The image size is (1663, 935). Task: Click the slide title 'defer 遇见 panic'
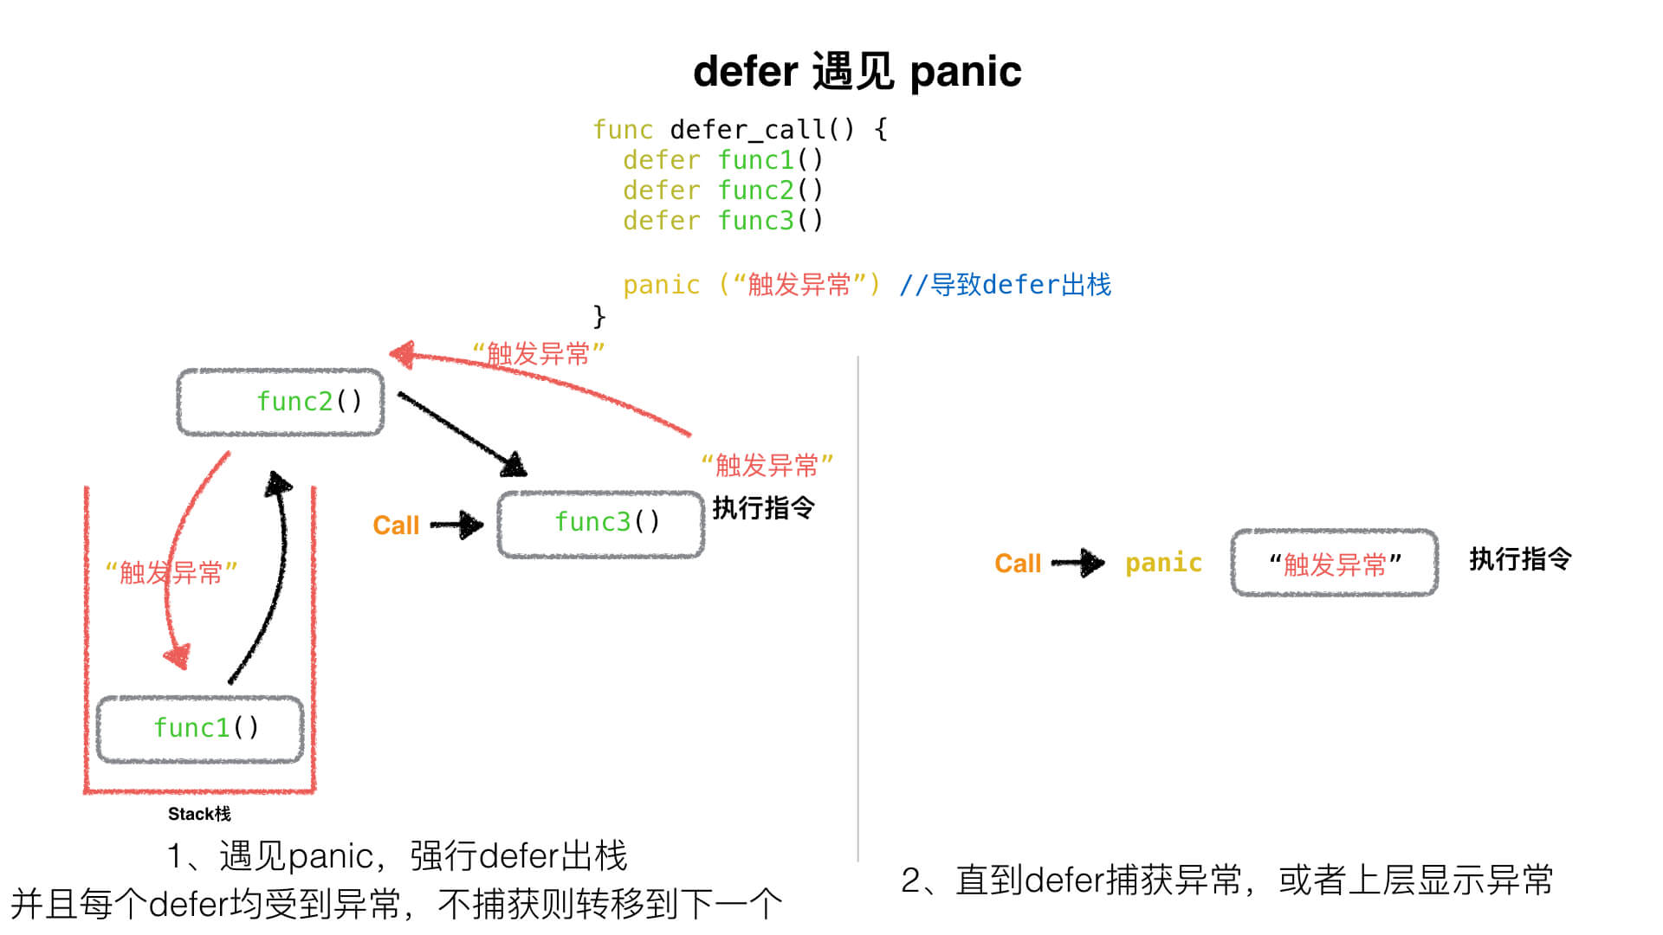pyautogui.click(x=857, y=71)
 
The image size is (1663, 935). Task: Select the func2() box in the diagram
pyautogui.click(x=281, y=402)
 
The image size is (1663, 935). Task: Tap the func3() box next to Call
pyautogui.click(x=601, y=524)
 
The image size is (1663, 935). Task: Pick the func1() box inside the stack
pyautogui.click(x=200, y=729)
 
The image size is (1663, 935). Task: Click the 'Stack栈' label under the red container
pyautogui.click(x=199, y=814)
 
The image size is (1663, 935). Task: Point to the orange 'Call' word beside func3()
pyautogui.click(x=396, y=526)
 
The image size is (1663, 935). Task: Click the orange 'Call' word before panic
pyautogui.click(x=1018, y=564)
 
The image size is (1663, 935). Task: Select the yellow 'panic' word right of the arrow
pyautogui.click(x=1163, y=563)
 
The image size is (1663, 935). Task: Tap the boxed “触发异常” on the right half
pyautogui.click(x=1334, y=564)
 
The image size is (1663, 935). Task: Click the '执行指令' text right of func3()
pyautogui.click(x=763, y=507)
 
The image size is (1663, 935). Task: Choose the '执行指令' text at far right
pyautogui.click(x=1520, y=558)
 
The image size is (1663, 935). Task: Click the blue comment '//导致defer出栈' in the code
pyautogui.click(x=1005, y=284)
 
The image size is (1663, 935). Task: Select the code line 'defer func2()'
pyautogui.click(x=723, y=190)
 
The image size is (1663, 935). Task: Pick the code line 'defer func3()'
pyautogui.click(x=723, y=221)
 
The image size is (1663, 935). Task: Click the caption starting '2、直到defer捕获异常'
pyautogui.click(x=1226, y=880)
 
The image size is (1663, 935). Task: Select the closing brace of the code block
pyautogui.click(x=599, y=315)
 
